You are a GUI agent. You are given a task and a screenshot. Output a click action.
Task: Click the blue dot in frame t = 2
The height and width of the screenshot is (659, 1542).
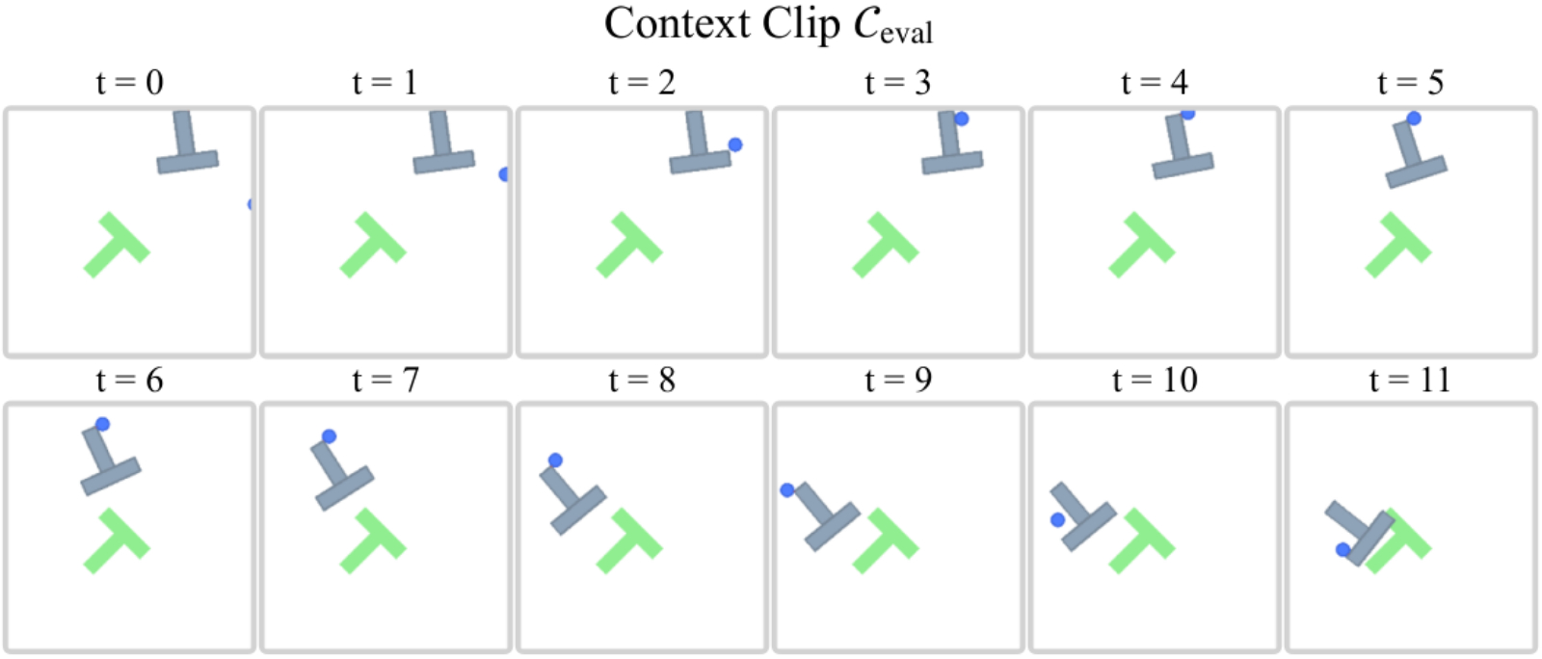point(735,145)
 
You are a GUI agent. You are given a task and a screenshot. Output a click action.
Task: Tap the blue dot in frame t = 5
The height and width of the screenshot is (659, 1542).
point(1414,119)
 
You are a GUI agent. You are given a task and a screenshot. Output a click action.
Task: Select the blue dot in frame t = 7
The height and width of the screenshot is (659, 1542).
point(329,436)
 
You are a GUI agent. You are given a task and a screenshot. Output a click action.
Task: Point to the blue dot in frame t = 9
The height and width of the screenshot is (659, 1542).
point(786,489)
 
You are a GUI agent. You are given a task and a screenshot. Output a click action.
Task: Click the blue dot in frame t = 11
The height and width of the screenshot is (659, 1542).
point(1343,549)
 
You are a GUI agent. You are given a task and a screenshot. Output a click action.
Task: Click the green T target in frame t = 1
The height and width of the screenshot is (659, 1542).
point(373,245)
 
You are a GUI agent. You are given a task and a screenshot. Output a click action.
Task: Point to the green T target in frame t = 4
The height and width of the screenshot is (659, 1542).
point(1142,245)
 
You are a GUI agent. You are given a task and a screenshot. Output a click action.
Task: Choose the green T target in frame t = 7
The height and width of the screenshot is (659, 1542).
point(373,540)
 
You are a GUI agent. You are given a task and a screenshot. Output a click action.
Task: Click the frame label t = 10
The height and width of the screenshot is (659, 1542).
point(1156,380)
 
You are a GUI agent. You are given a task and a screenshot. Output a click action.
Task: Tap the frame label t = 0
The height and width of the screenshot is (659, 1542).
point(129,83)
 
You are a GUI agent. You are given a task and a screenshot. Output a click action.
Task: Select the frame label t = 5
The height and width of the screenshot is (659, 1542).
point(1411,83)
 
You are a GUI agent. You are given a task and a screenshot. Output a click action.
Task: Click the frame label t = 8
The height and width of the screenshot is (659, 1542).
point(642,380)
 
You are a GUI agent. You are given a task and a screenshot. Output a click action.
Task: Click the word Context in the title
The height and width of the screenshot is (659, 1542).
point(678,23)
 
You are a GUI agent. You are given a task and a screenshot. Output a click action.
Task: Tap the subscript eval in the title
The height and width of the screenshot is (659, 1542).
point(907,33)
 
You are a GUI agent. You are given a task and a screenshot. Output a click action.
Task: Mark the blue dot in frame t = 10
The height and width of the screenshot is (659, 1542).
point(1058,520)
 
